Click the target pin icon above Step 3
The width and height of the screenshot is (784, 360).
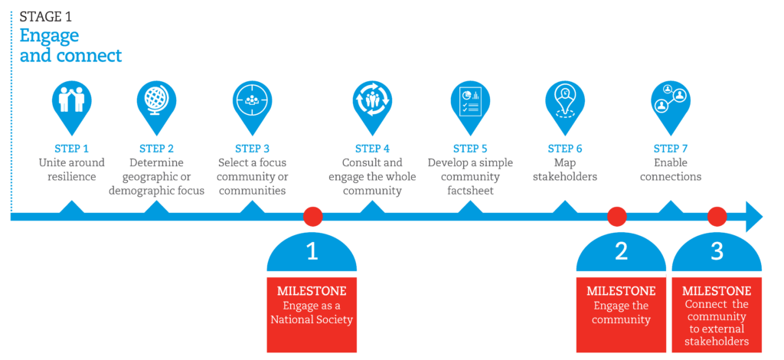coord(252,101)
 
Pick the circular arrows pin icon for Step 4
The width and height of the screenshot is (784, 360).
coord(372,101)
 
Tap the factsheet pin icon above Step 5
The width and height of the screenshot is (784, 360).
coord(469,101)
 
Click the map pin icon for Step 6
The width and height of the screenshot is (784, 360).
coord(565,101)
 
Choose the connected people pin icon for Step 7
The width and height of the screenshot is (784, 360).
coord(670,101)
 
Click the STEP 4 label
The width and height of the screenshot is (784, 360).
coord(372,149)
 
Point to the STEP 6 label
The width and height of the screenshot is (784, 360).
coord(565,149)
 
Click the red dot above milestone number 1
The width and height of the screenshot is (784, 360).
coord(312,217)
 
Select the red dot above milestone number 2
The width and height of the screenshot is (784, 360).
coord(617,217)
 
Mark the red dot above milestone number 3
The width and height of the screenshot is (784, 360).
coord(717,217)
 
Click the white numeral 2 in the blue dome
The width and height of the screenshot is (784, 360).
coord(621,251)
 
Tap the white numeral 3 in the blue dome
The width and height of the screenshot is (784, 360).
coord(717,251)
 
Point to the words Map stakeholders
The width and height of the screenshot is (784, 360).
coord(565,169)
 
